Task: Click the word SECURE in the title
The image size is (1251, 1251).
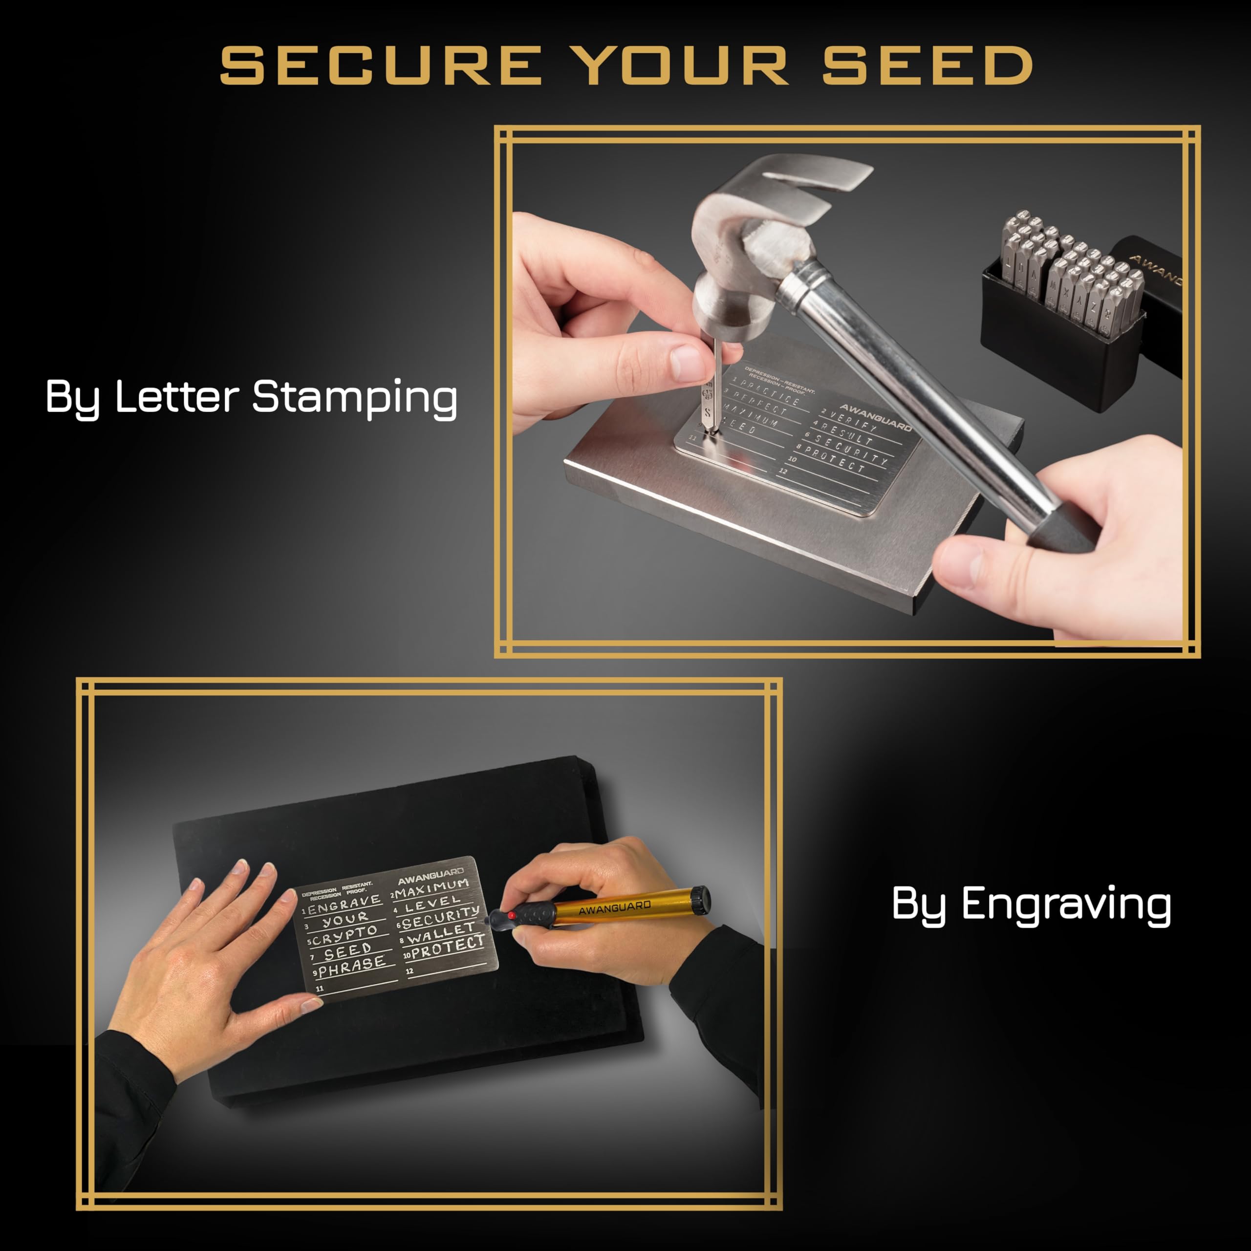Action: (381, 65)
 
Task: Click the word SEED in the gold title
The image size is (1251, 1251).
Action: (927, 65)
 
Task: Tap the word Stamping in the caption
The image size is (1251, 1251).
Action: (354, 396)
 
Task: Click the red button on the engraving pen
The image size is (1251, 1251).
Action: (512, 915)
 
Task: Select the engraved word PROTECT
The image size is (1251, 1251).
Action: (447, 948)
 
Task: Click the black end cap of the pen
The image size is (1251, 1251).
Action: (701, 898)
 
